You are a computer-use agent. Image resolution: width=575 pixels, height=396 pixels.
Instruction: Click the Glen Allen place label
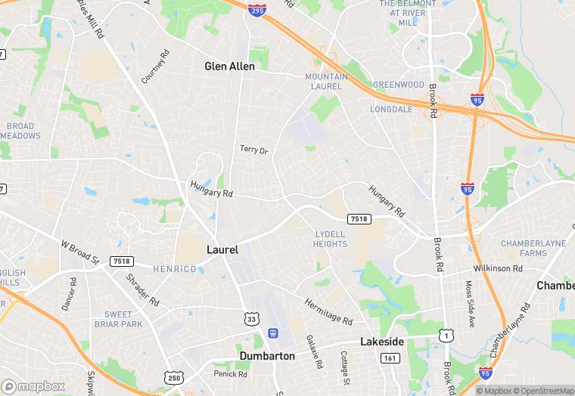click(x=229, y=67)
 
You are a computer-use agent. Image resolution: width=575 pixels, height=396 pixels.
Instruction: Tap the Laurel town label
click(x=222, y=249)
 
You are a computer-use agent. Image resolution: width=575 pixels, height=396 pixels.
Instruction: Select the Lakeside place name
click(x=381, y=342)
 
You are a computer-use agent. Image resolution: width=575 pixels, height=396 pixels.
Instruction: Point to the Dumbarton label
click(x=267, y=355)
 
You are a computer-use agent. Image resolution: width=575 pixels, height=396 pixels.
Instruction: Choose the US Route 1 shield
click(x=447, y=333)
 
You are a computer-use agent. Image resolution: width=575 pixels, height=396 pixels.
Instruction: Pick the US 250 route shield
click(x=172, y=376)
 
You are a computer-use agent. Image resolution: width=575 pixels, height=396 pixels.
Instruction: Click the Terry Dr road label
click(x=253, y=150)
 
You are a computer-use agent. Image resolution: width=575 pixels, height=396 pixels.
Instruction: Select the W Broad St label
click(x=80, y=252)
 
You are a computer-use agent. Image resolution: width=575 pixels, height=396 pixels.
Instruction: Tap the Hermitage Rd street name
click(x=328, y=311)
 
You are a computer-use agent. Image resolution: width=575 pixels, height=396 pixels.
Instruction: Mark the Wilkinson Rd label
click(x=498, y=268)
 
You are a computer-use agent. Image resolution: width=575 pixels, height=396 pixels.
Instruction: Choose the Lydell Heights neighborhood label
click(x=330, y=239)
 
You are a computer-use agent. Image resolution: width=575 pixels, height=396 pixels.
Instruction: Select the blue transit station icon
click(x=272, y=333)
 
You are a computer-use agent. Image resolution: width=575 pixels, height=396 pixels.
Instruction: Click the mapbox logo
click(x=33, y=386)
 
